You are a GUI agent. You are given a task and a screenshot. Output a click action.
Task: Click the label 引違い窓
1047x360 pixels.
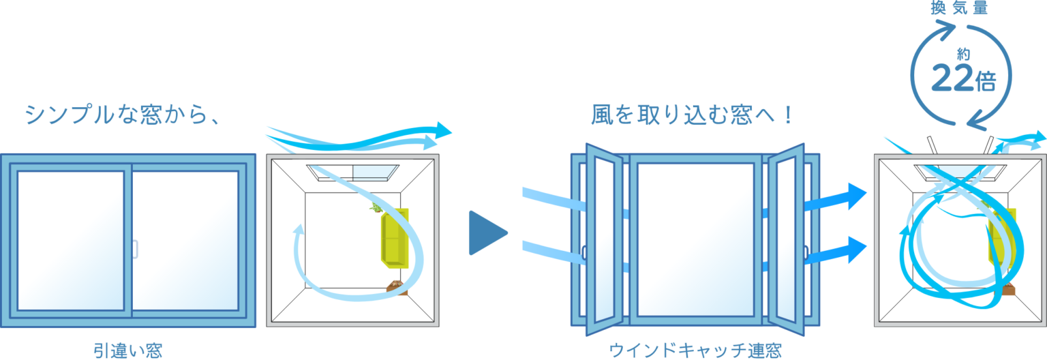pyautogui.click(x=128, y=350)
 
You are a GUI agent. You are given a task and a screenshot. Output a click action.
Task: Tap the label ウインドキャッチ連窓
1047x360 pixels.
pyautogui.click(x=695, y=350)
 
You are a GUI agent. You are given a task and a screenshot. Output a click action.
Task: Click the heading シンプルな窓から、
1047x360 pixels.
pyautogui.click(x=123, y=115)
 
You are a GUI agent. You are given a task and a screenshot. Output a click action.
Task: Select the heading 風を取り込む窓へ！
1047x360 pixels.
pyautogui.click(x=692, y=115)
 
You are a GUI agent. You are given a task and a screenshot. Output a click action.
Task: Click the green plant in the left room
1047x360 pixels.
pyautogui.click(x=376, y=207)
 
